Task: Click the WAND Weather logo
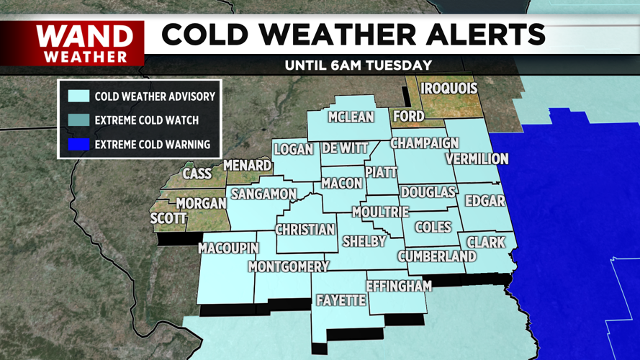85,43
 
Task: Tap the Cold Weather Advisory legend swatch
79,96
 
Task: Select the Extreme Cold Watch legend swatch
79,120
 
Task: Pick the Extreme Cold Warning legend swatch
79,144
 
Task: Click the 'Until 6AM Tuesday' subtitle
358,65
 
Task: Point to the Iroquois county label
449,89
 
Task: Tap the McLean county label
351,117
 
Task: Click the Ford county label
408,116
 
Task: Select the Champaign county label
425,143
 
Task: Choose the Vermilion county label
477,158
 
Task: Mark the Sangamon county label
263,194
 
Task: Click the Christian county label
305,230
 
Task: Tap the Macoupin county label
228,248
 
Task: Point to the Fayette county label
341,300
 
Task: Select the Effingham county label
399,286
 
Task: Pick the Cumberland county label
437,256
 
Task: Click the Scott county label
168,219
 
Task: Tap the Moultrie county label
380,212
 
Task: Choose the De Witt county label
345,148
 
